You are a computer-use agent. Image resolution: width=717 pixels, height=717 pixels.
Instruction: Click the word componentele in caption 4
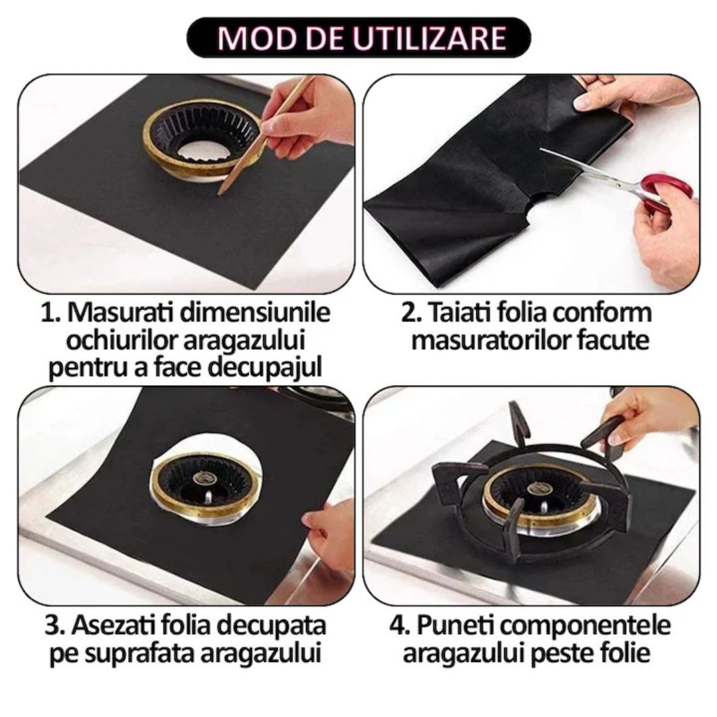pyautogui.click(x=591, y=625)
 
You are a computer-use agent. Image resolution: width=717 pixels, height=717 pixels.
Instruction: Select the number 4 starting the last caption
pyautogui.click(x=397, y=625)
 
